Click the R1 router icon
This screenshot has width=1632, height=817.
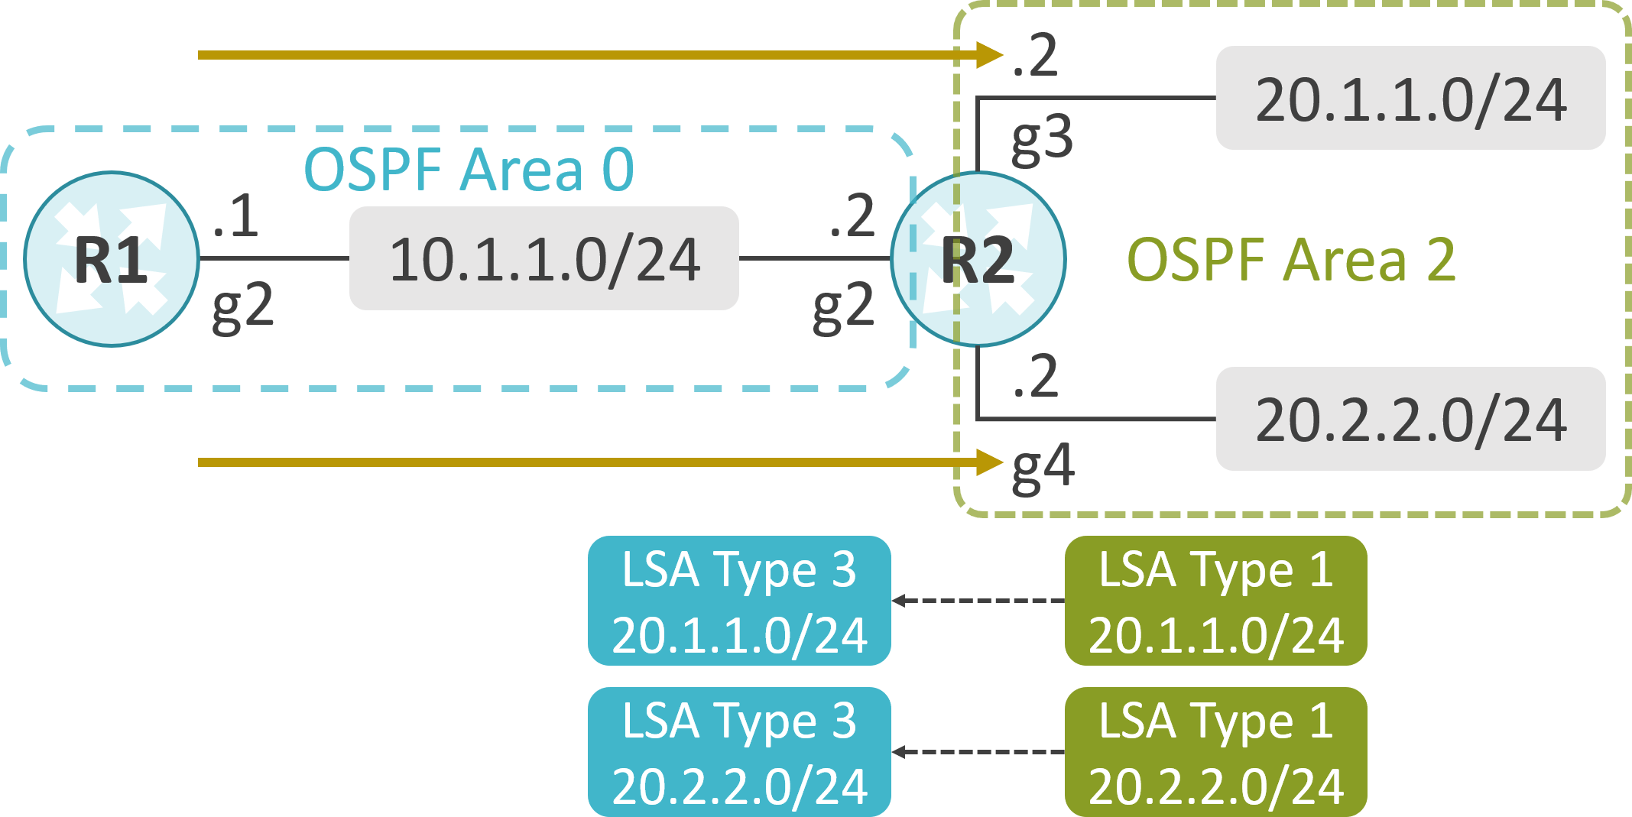tap(112, 259)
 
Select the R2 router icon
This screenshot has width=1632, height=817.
tap(978, 259)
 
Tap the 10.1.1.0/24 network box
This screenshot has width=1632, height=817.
tap(544, 258)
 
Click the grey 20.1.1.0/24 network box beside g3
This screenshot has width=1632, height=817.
tap(1410, 98)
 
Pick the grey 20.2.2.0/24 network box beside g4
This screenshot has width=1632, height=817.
tap(1410, 419)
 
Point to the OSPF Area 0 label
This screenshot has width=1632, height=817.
tap(469, 169)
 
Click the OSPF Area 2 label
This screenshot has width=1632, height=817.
tap(1292, 260)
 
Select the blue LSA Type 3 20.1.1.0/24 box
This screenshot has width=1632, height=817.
tap(739, 601)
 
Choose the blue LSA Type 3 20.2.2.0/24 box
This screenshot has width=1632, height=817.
tap(739, 752)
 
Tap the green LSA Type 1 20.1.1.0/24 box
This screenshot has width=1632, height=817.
tap(1216, 601)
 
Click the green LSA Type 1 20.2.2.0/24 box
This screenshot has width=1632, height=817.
tap(1216, 752)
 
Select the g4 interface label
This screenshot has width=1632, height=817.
tap(1043, 468)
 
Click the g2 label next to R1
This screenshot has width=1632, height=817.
tap(243, 307)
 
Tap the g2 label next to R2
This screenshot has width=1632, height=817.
tap(844, 307)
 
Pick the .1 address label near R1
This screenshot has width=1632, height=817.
tap(236, 216)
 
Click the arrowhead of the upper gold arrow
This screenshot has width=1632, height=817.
tap(991, 55)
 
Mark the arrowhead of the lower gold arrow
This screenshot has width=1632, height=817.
tap(991, 462)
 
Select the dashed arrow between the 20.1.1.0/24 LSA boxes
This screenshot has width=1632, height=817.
tap(978, 601)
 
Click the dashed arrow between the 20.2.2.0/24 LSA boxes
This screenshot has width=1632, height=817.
tap(978, 752)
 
